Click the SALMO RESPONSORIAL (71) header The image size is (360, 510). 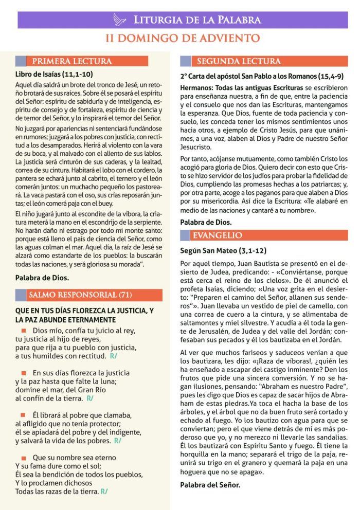pyautogui.click(x=81, y=295)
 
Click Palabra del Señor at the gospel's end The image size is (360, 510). pyautogui.click(x=210, y=484)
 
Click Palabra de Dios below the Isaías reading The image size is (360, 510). pyautogui.click(x=42, y=278)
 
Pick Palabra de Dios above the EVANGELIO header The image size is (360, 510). pyautogui.click(x=206, y=222)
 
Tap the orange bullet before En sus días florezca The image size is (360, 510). pyautogui.click(x=24, y=372)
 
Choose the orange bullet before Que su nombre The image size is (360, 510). pyautogui.click(x=24, y=457)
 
